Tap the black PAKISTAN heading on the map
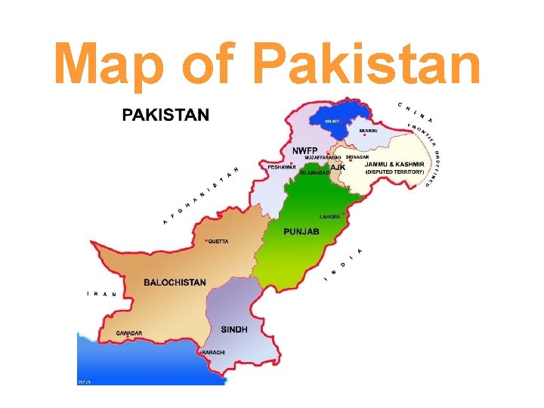pyautogui.click(x=165, y=115)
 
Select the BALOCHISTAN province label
pyautogui.click(x=175, y=282)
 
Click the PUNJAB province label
pyautogui.click(x=301, y=231)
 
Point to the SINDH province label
pyautogui.click(x=234, y=329)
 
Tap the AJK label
pyautogui.click(x=338, y=167)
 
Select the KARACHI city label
pyautogui.click(x=215, y=353)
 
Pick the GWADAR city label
pyautogui.click(x=128, y=332)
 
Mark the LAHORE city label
pyautogui.click(x=330, y=216)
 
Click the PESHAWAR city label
pyautogui.click(x=282, y=167)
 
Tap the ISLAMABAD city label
pyautogui.click(x=314, y=173)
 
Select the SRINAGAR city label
pyautogui.click(x=357, y=157)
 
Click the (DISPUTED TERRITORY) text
pyautogui.click(x=395, y=172)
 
